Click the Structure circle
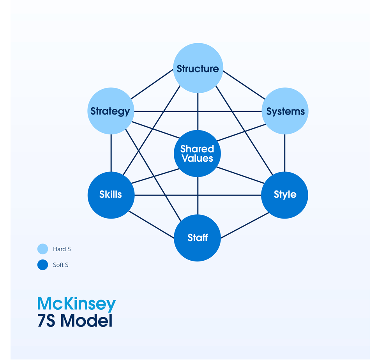pyautogui.click(x=198, y=68)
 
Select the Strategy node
pyautogui.click(x=111, y=111)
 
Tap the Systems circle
pyautogui.click(x=285, y=111)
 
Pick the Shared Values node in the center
pyautogui.click(x=197, y=154)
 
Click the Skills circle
pyautogui.click(x=111, y=195)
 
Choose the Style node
pyautogui.click(x=284, y=195)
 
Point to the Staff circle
pyautogui.click(x=197, y=238)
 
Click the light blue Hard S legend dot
pyautogui.click(x=42, y=249)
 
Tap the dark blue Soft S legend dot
pyautogui.click(x=42, y=265)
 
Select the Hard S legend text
pyautogui.click(x=62, y=249)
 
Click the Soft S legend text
pyautogui.click(x=60, y=265)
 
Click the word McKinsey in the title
pyautogui.click(x=76, y=304)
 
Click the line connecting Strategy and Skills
pyautogui.click(x=111, y=153)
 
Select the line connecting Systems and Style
pyautogui.click(x=284, y=153)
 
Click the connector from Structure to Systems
pyautogui.click(x=244, y=85)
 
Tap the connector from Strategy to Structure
pyautogui.click(x=152, y=85)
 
